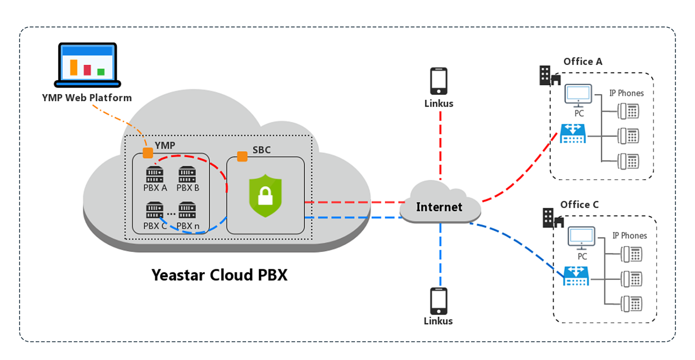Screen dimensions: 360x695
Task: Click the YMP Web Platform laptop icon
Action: tap(88, 65)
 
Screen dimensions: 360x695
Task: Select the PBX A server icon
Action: tap(155, 175)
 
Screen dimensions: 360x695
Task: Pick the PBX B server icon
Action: tap(188, 175)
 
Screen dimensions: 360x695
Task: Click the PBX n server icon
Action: tap(188, 210)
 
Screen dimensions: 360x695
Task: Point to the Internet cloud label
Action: tap(439, 207)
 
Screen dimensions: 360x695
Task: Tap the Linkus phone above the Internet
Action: tap(439, 81)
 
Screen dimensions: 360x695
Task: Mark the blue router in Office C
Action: tap(576, 276)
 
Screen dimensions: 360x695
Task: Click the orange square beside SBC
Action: tap(242, 157)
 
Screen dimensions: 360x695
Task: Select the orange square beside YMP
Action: tap(148, 152)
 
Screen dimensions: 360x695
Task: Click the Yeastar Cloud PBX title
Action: tap(220, 275)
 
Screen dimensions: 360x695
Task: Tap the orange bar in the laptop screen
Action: tap(74, 67)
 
